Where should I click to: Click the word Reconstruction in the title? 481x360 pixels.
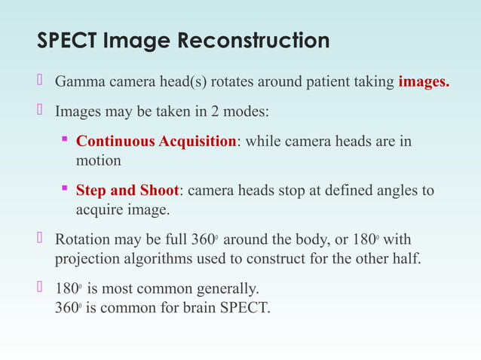coord(254,41)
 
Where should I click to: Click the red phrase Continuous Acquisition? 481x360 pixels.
coord(156,142)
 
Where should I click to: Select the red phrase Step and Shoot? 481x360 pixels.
coord(127,191)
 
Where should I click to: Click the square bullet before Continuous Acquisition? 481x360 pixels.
coord(65,141)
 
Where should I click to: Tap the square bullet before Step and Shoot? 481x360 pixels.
coord(65,190)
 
